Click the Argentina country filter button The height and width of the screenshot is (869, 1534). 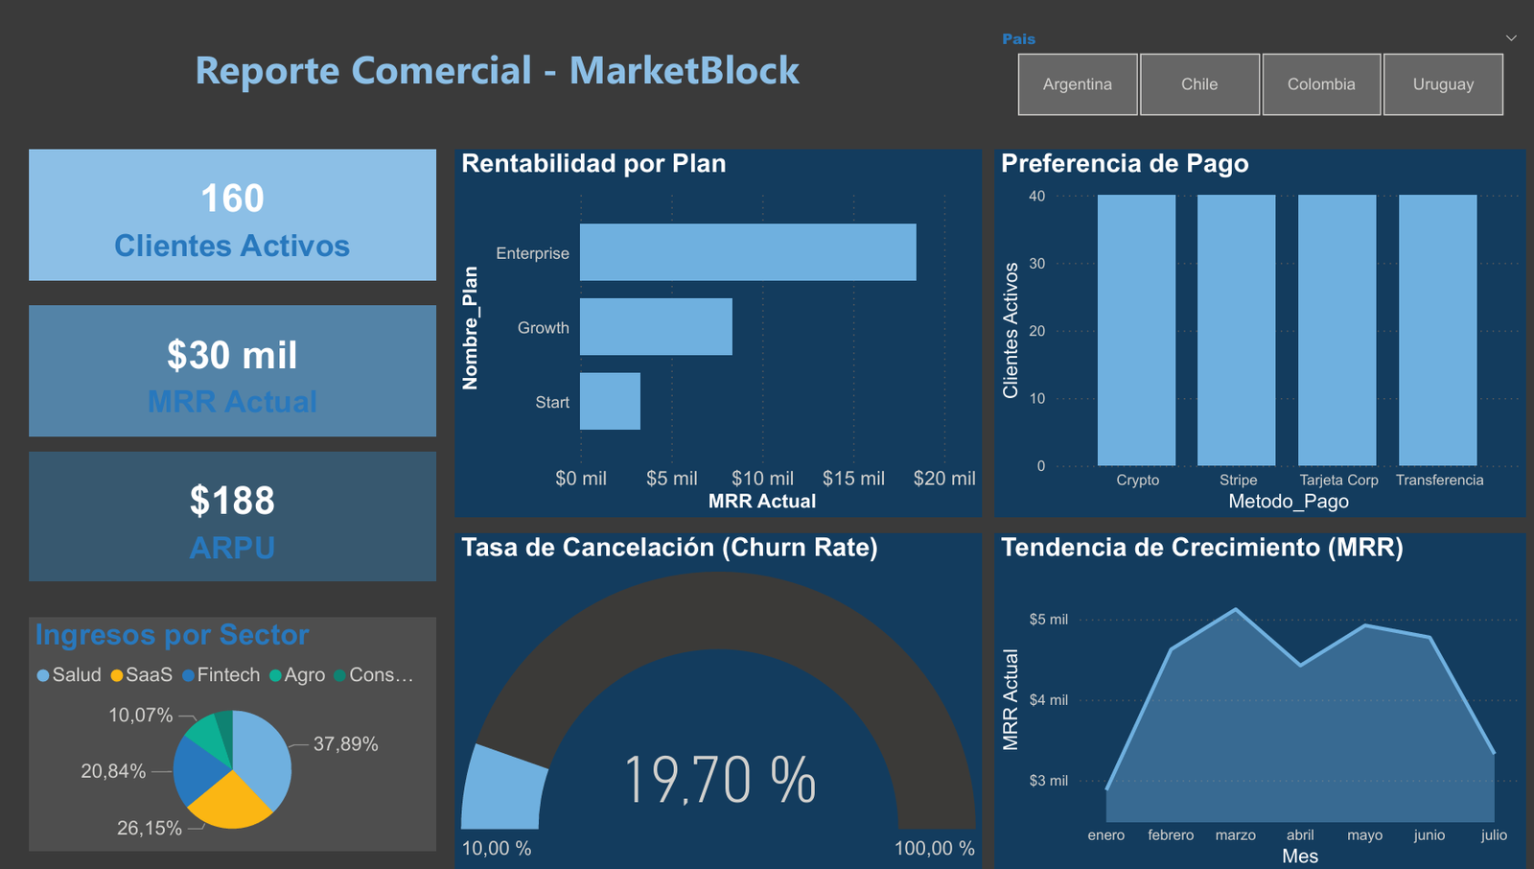click(x=1078, y=84)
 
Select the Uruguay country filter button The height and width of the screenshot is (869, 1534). click(x=1443, y=84)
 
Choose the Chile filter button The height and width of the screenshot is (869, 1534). click(x=1199, y=84)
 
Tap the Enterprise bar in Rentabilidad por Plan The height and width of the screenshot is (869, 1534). click(x=748, y=252)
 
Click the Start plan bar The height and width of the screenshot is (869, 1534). click(x=610, y=401)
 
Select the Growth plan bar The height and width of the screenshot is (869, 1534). click(x=656, y=327)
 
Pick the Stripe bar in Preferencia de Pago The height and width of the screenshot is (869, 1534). click(x=1237, y=330)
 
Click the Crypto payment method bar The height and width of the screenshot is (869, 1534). click(x=1136, y=330)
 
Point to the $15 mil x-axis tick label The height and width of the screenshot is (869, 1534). click(x=853, y=479)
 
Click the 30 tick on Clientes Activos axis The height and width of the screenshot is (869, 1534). click(x=1037, y=264)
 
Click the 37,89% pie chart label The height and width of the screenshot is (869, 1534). click(x=345, y=744)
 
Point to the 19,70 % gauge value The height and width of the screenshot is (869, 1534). click(x=719, y=779)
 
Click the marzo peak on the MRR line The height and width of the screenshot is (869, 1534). click(x=1236, y=609)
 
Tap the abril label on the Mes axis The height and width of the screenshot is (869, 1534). click(x=1300, y=835)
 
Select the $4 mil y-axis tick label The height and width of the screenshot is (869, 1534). click(x=1048, y=700)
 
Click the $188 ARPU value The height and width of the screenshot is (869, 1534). click(x=232, y=501)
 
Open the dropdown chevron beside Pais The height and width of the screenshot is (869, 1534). click(x=1511, y=38)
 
